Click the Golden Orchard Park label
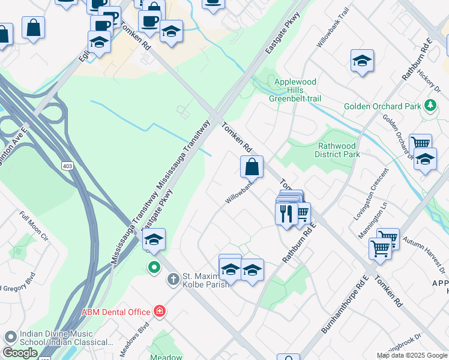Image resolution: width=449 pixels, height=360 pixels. click(382, 107)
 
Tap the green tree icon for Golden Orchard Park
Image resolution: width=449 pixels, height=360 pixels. click(430, 106)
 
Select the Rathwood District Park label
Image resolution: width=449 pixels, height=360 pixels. click(337, 150)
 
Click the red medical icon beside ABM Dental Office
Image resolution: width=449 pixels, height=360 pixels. click(160, 311)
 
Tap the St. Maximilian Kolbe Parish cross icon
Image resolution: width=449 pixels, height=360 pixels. click(173, 278)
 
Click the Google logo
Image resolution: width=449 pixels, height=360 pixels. click(20, 353)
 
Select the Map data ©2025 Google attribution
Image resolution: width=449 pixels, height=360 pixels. click(412, 355)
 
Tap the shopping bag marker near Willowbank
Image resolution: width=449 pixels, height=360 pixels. click(252, 167)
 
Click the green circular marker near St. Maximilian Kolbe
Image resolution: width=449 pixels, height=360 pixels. click(154, 267)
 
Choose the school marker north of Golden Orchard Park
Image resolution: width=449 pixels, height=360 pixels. click(363, 61)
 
